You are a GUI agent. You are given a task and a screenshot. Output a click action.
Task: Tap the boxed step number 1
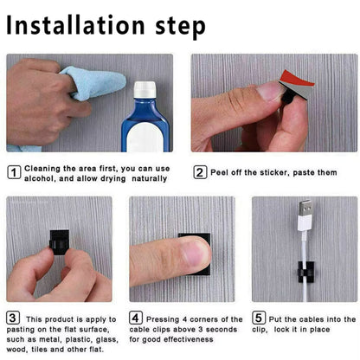[15, 171]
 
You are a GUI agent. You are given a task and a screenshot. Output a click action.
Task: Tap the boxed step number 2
[200, 171]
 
